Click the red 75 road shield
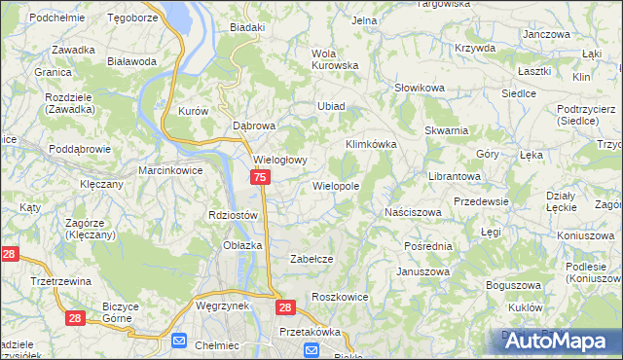pos(260,177)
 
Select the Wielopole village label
pos(336,185)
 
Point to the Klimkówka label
pos(371,144)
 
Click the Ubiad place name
pos(331,106)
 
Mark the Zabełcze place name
pos(312,259)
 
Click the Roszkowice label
pos(338,296)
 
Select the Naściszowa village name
pos(413,211)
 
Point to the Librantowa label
pos(455,176)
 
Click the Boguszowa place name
pos(513,284)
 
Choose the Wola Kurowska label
pos(334,58)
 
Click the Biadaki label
pos(247,27)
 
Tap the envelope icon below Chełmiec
pos(179,341)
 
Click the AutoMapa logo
pos(557,341)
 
